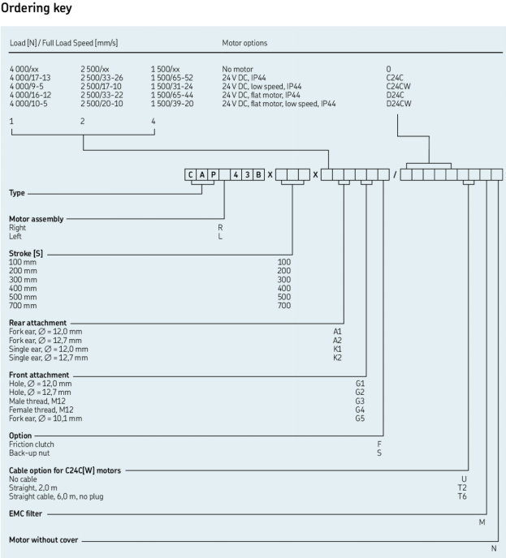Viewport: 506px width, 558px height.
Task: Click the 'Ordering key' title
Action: click(x=36, y=8)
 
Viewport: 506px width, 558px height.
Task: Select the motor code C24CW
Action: click(x=399, y=87)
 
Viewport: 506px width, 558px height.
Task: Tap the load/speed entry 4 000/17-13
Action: click(x=30, y=78)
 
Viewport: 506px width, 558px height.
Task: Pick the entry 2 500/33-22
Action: click(x=102, y=95)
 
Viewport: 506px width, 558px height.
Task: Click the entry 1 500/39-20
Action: click(x=172, y=104)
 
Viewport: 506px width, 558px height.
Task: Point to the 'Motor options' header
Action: click(x=244, y=43)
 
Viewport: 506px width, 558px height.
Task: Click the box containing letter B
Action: click(x=259, y=174)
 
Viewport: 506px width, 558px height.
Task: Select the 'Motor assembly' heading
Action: click(x=36, y=219)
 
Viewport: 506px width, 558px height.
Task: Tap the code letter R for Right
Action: click(x=220, y=227)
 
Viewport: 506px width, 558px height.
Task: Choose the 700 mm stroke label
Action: click(x=23, y=306)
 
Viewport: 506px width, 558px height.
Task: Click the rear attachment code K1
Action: click(x=337, y=349)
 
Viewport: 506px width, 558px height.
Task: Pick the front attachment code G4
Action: click(x=360, y=410)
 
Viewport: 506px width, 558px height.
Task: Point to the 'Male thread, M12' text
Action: click(x=37, y=401)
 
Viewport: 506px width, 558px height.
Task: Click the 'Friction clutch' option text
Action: click(x=32, y=444)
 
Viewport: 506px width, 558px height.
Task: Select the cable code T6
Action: click(x=462, y=496)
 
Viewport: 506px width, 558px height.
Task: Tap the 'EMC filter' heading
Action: click(x=25, y=513)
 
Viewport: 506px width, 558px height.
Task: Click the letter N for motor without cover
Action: click(x=494, y=548)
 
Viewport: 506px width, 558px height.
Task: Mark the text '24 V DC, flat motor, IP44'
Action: click(x=261, y=95)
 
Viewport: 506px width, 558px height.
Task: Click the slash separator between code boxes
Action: click(x=395, y=174)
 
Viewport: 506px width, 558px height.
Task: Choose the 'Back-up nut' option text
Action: click(x=29, y=453)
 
